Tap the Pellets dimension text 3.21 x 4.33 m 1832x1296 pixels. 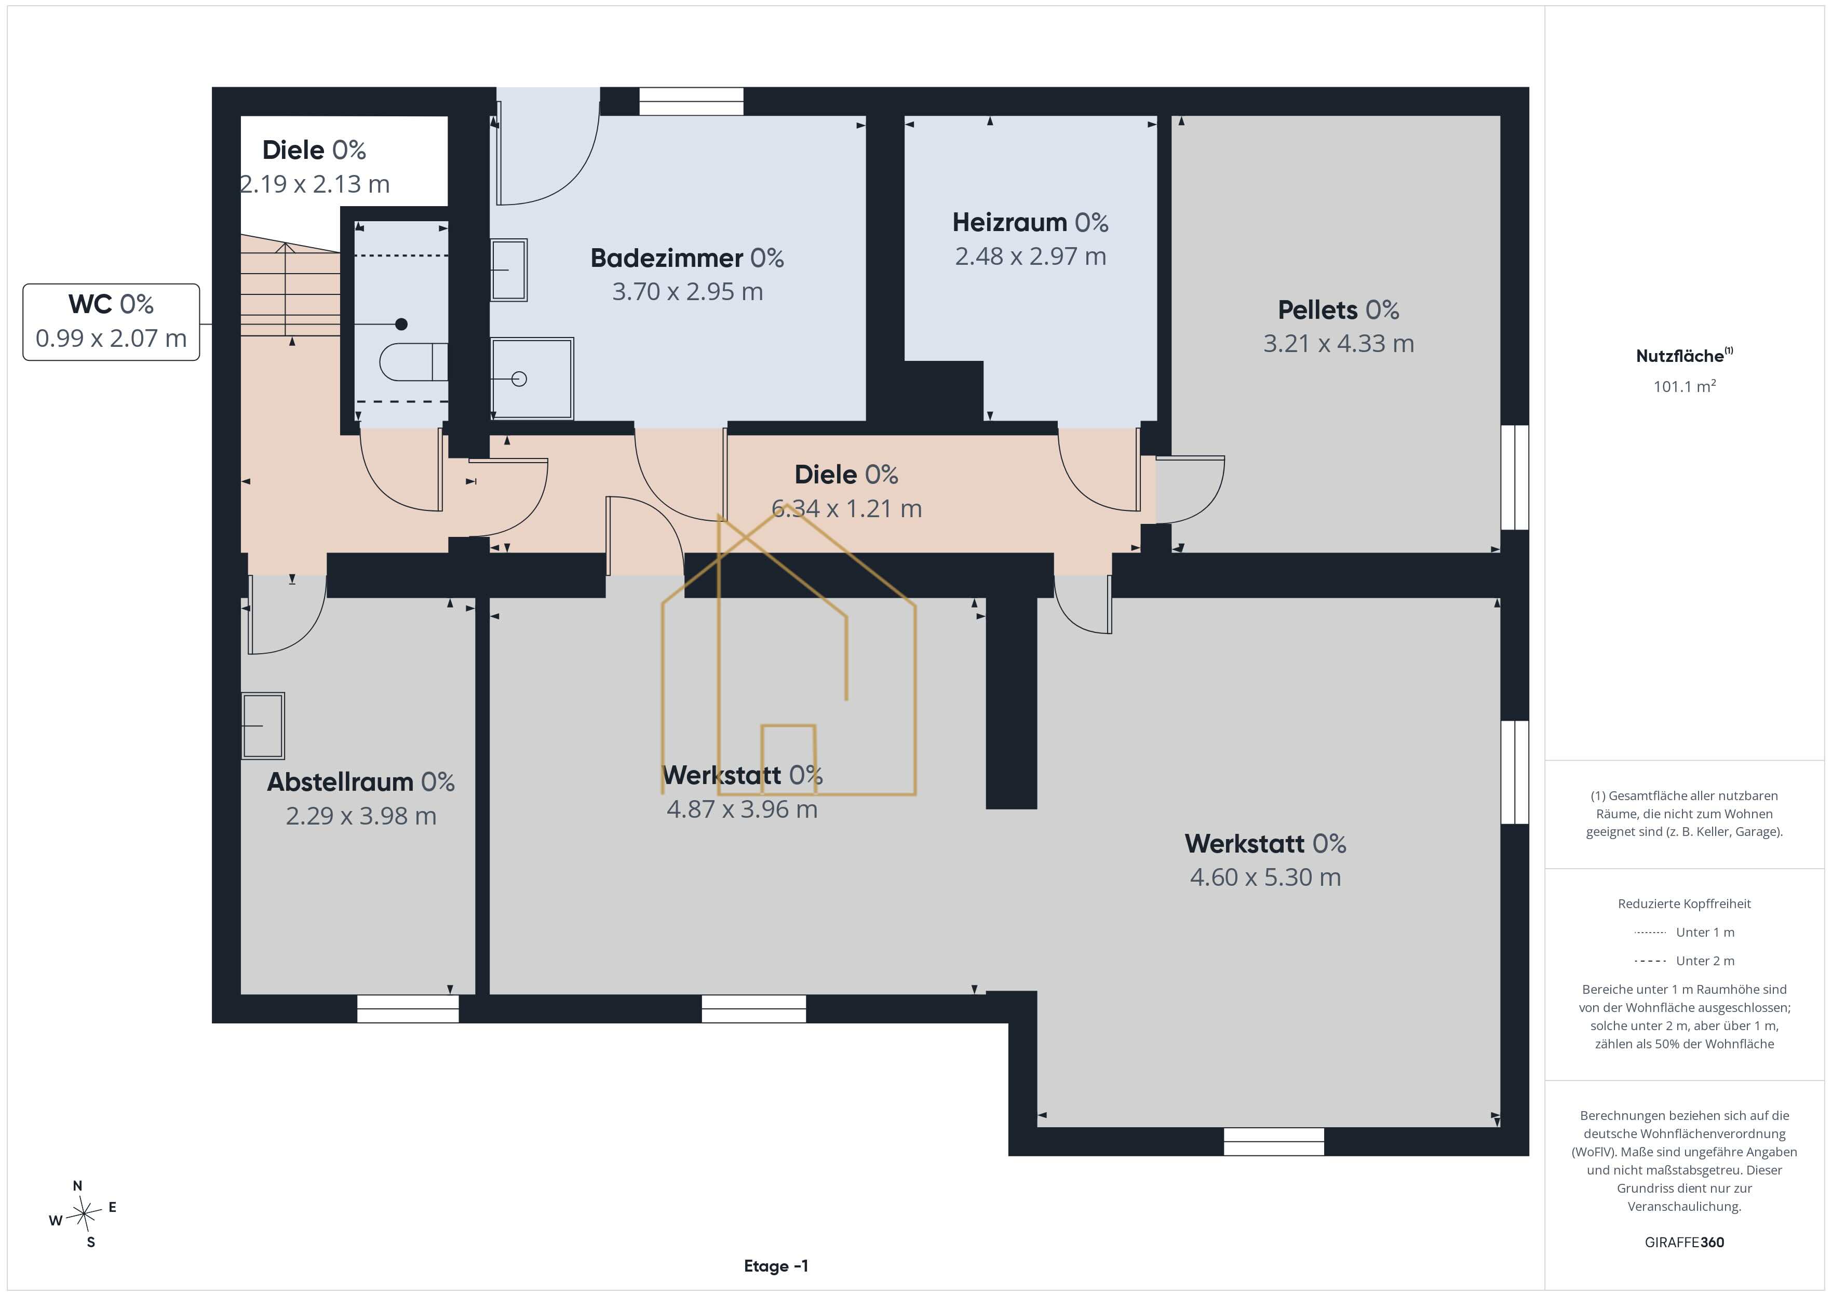[1338, 343]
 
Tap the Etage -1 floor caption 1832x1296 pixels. [776, 1266]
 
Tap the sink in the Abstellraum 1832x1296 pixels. [263, 725]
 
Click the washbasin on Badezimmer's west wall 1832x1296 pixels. [508, 269]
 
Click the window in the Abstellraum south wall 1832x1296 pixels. [408, 1009]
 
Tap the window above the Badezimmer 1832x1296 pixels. [691, 101]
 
